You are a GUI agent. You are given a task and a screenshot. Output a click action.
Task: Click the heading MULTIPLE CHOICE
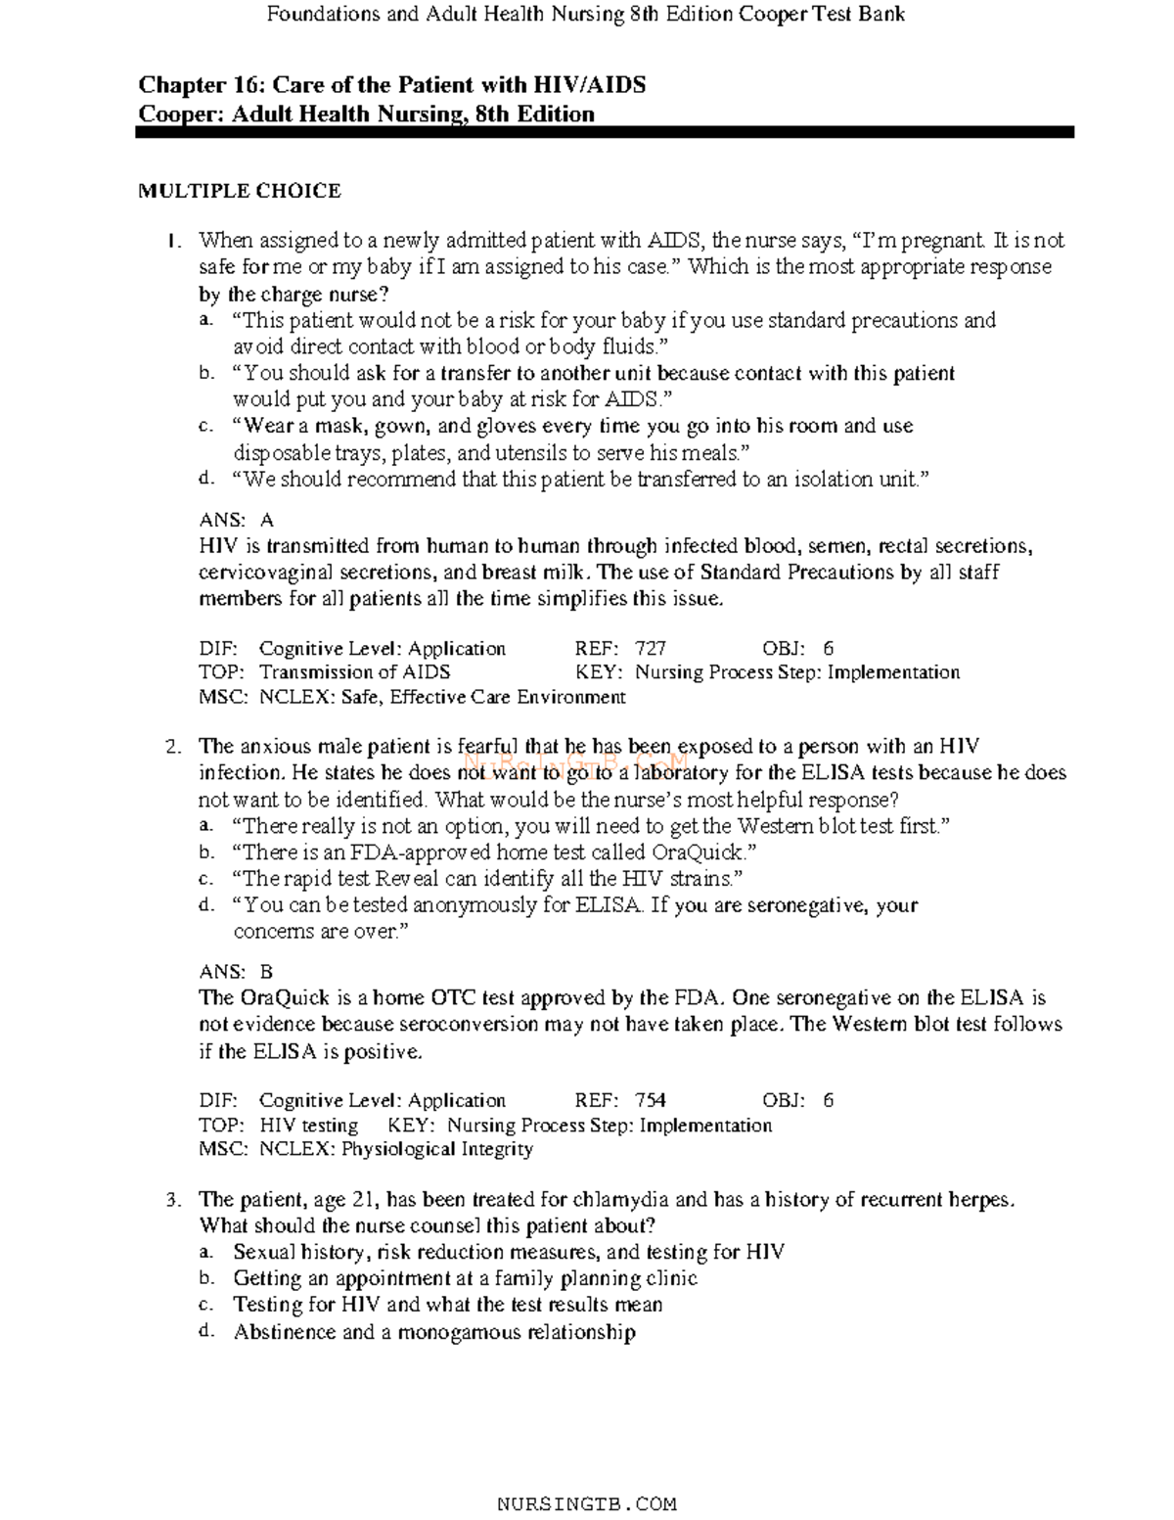click(x=239, y=191)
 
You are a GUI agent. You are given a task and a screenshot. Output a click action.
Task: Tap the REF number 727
click(x=651, y=648)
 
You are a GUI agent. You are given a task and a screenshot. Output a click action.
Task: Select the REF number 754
click(x=651, y=1100)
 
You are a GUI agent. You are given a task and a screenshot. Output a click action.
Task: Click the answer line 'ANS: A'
click(x=236, y=521)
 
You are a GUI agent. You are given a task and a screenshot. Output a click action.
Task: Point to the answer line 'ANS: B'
click(x=236, y=972)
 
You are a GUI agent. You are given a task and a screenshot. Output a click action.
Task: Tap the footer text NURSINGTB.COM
click(x=587, y=1504)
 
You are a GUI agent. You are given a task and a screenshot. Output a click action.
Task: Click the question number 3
click(x=172, y=1200)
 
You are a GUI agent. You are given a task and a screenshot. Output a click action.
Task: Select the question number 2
click(x=172, y=748)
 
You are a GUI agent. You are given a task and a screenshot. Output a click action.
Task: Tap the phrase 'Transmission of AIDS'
click(x=354, y=672)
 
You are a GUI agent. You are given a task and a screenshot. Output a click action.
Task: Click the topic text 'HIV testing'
click(x=308, y=1126)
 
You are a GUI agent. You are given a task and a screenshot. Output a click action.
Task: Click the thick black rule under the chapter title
click(x=605, y=132)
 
